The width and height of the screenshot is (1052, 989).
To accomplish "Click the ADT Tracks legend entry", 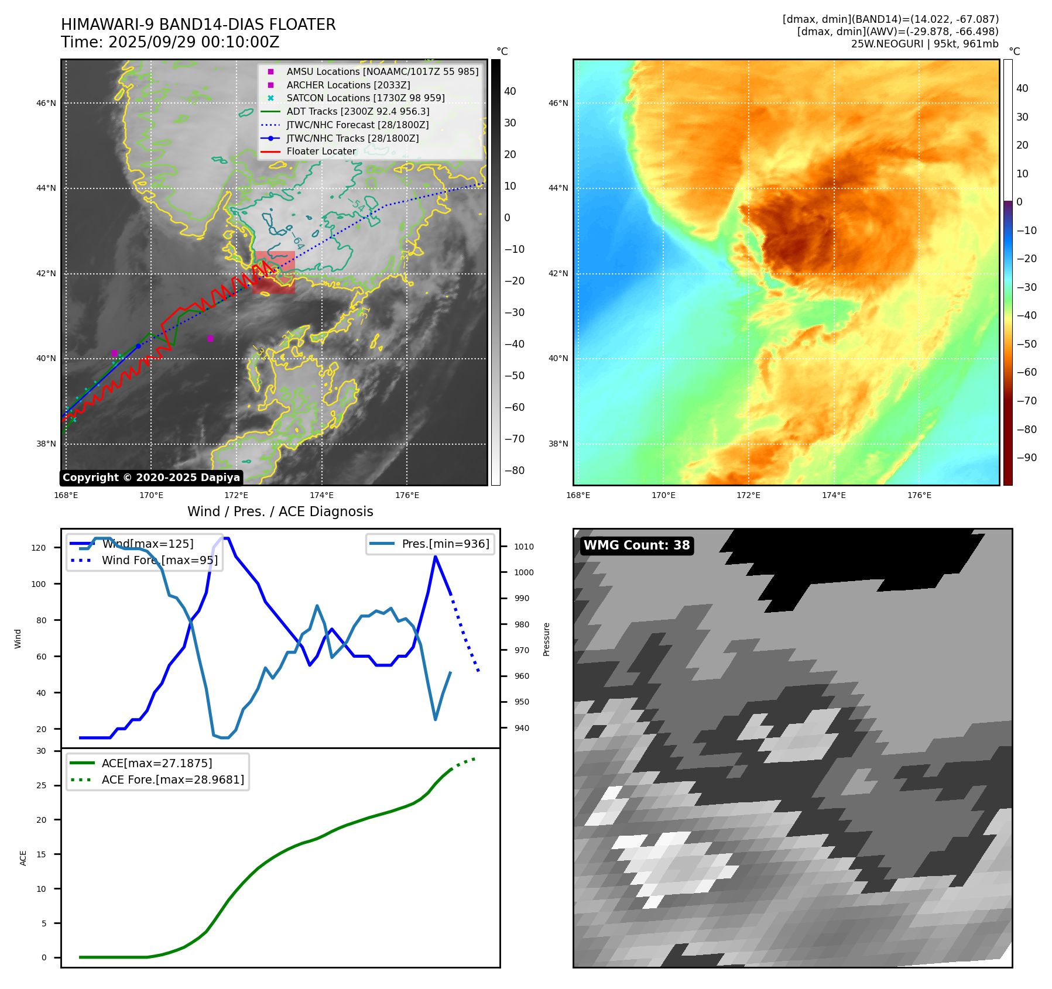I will pyautogui.click(x=358, y=111).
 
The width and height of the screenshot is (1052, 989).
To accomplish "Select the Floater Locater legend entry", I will pyautogui.click(x=321, y=151).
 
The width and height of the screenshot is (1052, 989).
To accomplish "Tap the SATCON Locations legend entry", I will pyautogui.click(x=365, y=98).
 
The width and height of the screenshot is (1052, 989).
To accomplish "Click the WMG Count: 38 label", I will pyautogui.click(x=636, y=545).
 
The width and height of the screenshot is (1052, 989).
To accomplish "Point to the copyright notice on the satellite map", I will pyautogui.click(x=151, y=478).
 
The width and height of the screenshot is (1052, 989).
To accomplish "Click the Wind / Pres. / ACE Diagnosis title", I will pyautogui.click(x=280, y=511).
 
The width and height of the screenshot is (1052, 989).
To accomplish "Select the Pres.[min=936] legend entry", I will pyautogui.click(x=445, y=544).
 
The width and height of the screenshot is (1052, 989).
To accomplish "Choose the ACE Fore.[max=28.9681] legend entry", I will pyautogui.click(x=173, y=779).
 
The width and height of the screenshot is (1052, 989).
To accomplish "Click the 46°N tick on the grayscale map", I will pyautogui.click(x=46, y=104).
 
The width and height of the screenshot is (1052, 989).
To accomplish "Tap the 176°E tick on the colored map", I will pyautogui.click(x=919, y=495).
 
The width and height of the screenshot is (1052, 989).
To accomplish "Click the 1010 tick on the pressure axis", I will pyautogui.click(x=524, y=547).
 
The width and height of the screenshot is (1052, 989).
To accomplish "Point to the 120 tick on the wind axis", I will pyautogui.click(x=39, y=548).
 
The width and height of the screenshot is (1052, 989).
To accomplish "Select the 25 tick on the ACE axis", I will pyautogui.click(x=41, y=785).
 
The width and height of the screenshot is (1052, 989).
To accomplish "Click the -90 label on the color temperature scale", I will pyautogui.click(x=1026, y=458).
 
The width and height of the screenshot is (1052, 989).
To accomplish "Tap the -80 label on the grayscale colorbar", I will pyautogui.click(x=515, y=471).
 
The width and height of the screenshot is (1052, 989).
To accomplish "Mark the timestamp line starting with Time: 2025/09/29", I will pyautogui.click(x=170, y=42).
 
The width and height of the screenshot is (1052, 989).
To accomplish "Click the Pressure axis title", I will pyautogui.click(x=546, y=639).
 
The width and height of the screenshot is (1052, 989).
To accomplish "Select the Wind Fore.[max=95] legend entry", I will pyautogui.click(x=159, y=560).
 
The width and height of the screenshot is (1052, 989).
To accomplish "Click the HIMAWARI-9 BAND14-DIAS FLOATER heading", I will pyautogui.click(x=198, y=25).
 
